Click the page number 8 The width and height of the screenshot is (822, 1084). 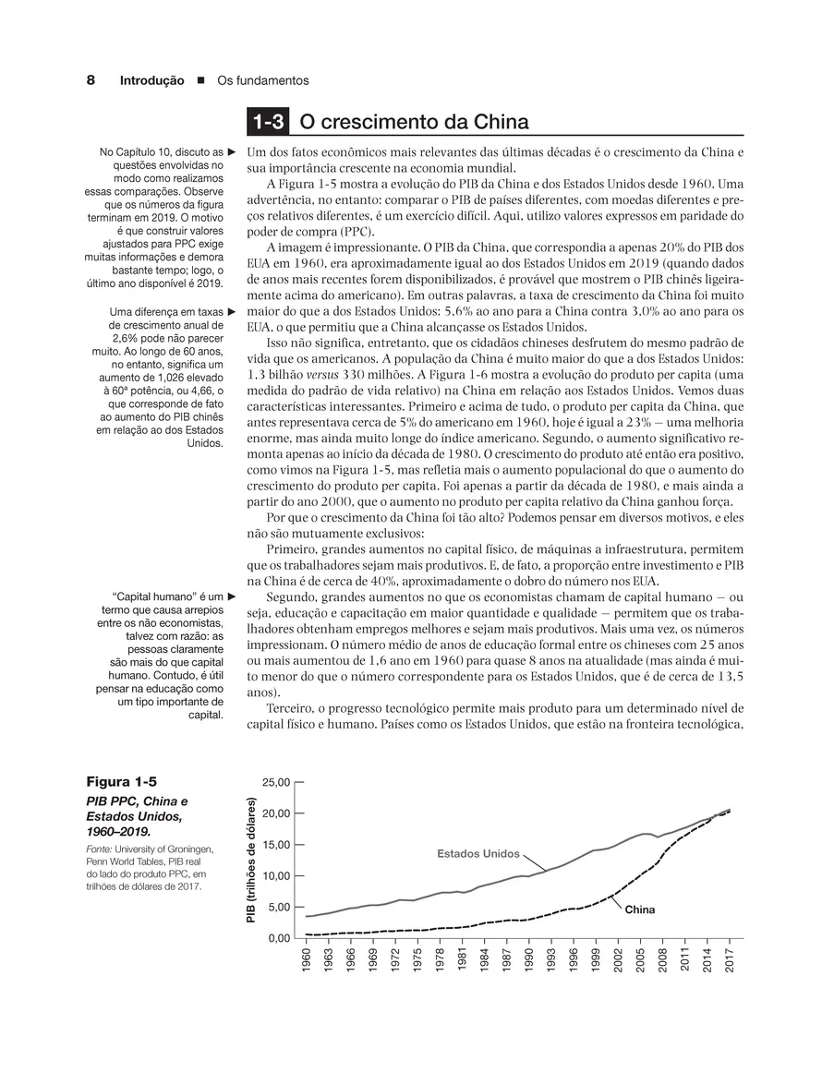coord(91,80)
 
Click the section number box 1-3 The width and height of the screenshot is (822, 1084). coord(267,123)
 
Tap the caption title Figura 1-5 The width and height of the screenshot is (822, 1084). coord(119,781)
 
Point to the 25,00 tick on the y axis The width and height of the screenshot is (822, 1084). coord(277,782)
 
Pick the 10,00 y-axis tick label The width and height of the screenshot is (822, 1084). coord(277,875)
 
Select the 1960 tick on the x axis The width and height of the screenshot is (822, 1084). coord(307,958)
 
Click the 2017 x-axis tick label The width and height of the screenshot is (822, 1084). coord(729,958)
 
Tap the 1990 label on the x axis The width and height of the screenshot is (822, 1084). coord(529,958)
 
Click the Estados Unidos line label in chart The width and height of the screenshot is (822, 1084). coord(478,853)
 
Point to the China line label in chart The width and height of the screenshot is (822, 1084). coord(639,909)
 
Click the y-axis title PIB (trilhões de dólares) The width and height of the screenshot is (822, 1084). coord(249,860)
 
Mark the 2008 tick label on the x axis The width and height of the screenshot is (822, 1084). coord(662,958)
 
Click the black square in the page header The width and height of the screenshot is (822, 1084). coord(200,81)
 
